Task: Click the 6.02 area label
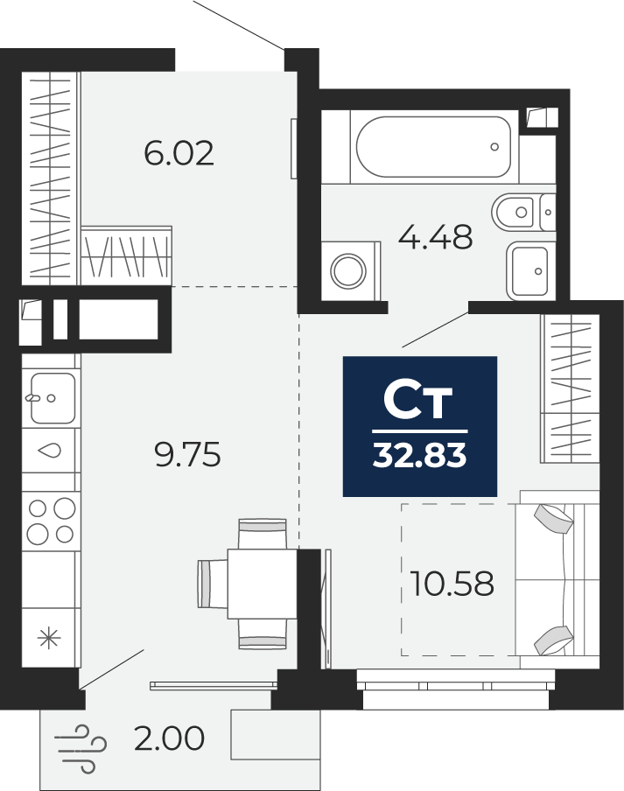pos(179,153)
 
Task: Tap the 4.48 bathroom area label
pos(435,237)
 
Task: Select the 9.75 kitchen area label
pos(187,454)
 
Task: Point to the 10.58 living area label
pos(452,583)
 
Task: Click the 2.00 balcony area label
pos(170,738)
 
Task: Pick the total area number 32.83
pos(420,456)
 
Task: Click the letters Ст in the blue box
pos(417,402)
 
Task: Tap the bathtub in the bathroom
pos(434,147)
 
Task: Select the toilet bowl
pos(523,213)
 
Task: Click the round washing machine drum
pos(348,271)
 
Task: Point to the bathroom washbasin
pos(528,271)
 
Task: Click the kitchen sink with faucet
pos(51,398)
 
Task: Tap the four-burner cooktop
pos(51,521)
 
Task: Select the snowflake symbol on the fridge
pos(49,638)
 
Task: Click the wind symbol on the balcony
pos(81,749)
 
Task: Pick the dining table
pos(263,584)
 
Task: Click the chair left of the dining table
pos(213,584)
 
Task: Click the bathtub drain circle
pos(494,147)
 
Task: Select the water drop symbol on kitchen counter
pos(50,451)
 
